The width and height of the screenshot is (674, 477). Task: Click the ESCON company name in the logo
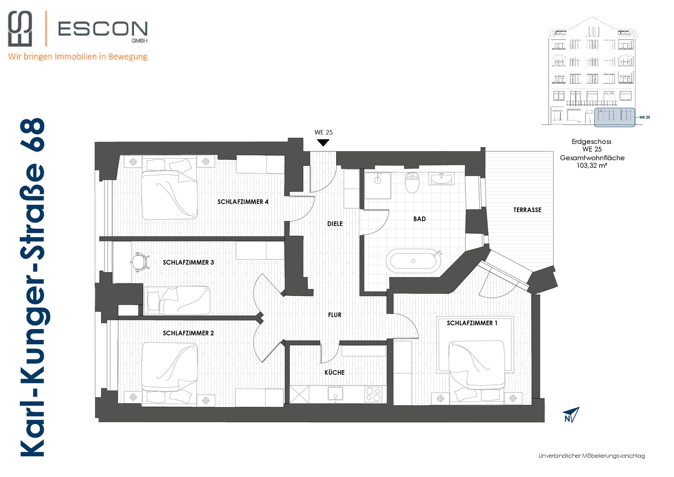pyautogui.click(x=103, y=29)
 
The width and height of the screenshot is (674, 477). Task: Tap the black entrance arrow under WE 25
pyautogui.click(x=323, y=143)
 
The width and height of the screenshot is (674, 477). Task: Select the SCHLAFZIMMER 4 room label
pyautogui.click(x=243, y=202)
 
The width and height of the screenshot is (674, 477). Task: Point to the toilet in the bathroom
pyautogui.click(x=412, y=182)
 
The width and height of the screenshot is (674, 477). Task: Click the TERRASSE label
pyautogui.click(x=527, y=210)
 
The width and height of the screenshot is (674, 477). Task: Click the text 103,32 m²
pyautogui.click(x=591, y=165)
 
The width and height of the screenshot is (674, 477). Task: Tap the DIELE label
pyautogui.click(x=335, y=224)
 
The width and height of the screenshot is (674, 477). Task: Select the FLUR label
pyautogui.click(x=334, y=315)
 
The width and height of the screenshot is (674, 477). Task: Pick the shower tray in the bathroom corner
pyautogui.click(x=377, y=185)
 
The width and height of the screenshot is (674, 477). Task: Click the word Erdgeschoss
pyautogui.click(x=591, y=142)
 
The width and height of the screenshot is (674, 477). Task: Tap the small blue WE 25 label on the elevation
pyautogui.click(x=645, y=117)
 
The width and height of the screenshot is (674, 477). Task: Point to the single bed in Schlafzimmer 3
pyautogui.click(x=177, y=300)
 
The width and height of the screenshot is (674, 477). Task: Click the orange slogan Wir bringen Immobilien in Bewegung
pyautogui.click(x=78, y=56)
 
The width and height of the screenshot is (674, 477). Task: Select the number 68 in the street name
pyautogui.click(x=32, y=135)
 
